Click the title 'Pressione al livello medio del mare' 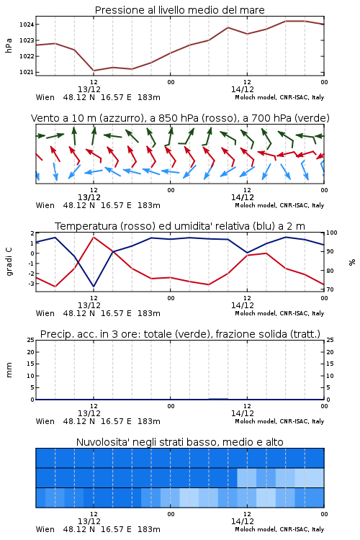pos(180,10)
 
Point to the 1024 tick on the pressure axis pos(27,24)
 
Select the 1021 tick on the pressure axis pos(27,72)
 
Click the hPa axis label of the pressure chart pos(9,45)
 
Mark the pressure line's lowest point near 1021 pos(94,71)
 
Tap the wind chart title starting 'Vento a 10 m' pos(180,118)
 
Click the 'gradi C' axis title pos(9,261)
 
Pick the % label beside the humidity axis pos(352,262)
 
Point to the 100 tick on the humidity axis pos(332,233)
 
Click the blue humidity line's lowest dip pos(94,286)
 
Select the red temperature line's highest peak pos(94,237)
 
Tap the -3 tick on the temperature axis pos(32,284)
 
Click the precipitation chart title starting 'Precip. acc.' pos(180,334)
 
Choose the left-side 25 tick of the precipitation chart pos(31,340)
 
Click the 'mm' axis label pos(9,370)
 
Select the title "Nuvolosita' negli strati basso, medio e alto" pos(180,442)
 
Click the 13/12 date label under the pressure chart pos(89,89)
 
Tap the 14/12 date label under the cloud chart pos(243,521)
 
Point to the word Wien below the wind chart pos(45,206)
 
